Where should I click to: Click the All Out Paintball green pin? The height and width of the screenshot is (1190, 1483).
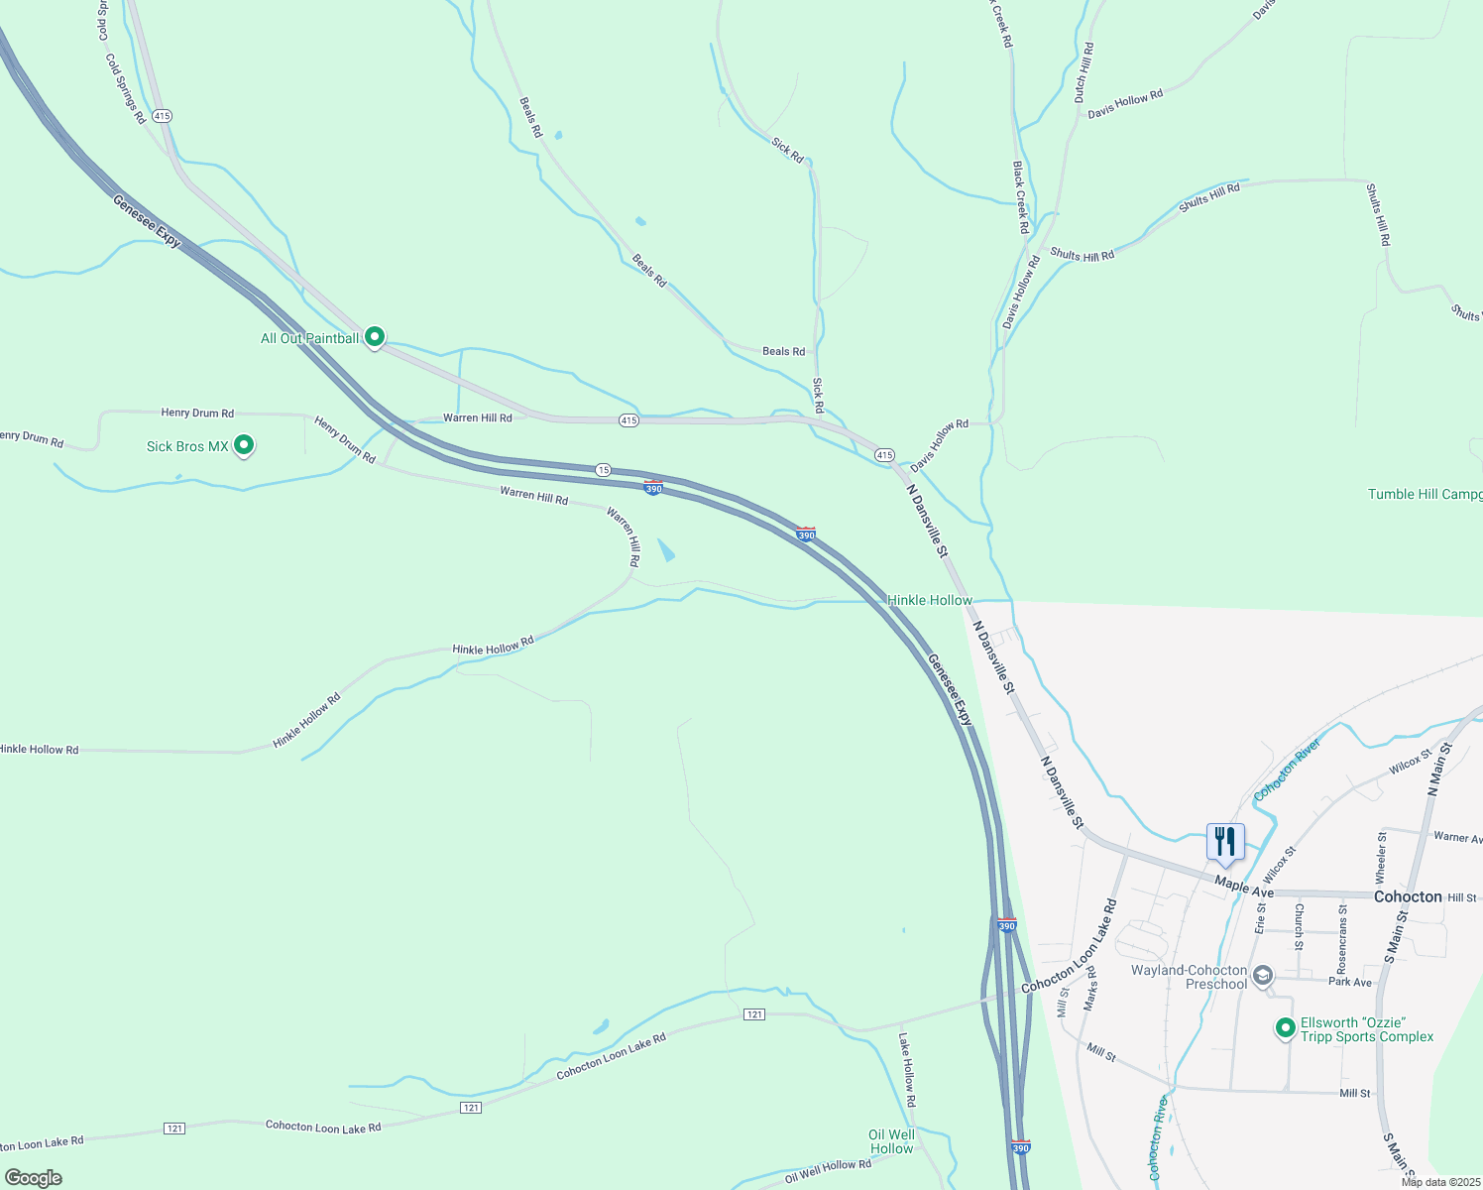[x=375, y=337]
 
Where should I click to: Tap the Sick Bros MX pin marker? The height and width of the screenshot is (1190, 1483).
[x=243, y=445]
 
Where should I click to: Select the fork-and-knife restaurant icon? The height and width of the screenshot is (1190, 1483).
[x=1225, y=842]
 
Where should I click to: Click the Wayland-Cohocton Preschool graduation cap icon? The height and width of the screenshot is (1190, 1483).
[x=1262, y=976]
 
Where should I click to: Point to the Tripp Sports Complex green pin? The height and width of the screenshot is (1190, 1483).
[x=1286, y=1028]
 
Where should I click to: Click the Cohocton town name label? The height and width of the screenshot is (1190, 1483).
[x=1408, y=896]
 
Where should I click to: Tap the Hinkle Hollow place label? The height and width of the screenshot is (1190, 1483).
[x=929, y=600]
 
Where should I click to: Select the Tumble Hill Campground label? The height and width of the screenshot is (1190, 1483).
[x=1425, y=494]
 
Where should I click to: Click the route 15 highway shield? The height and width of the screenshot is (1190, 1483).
[x=603, y=469]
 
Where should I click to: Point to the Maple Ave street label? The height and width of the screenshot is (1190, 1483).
[x=1244, y=887]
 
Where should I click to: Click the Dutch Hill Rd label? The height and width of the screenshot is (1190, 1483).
[x=1084, y=72]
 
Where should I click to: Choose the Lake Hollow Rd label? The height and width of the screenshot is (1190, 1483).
[x=907, y=1070]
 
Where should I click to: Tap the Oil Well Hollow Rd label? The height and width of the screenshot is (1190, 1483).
[x=828, y=1171]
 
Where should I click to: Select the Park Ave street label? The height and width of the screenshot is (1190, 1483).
[x=1350, y=982]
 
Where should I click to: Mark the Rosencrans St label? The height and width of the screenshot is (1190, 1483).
[x=1342, y=937]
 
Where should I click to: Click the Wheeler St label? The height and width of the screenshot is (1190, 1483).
[x=1381, y=858]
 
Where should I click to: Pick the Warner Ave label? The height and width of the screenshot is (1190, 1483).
[x=1457, y=838]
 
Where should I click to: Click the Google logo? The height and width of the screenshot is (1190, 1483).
[x=33, y=1178]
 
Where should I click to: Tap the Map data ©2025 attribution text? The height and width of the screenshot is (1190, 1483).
[x=1440, y=1182]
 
